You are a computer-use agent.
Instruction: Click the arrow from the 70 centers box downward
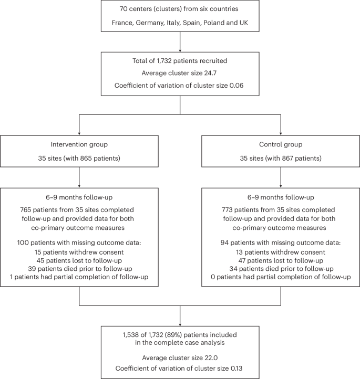180,40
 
